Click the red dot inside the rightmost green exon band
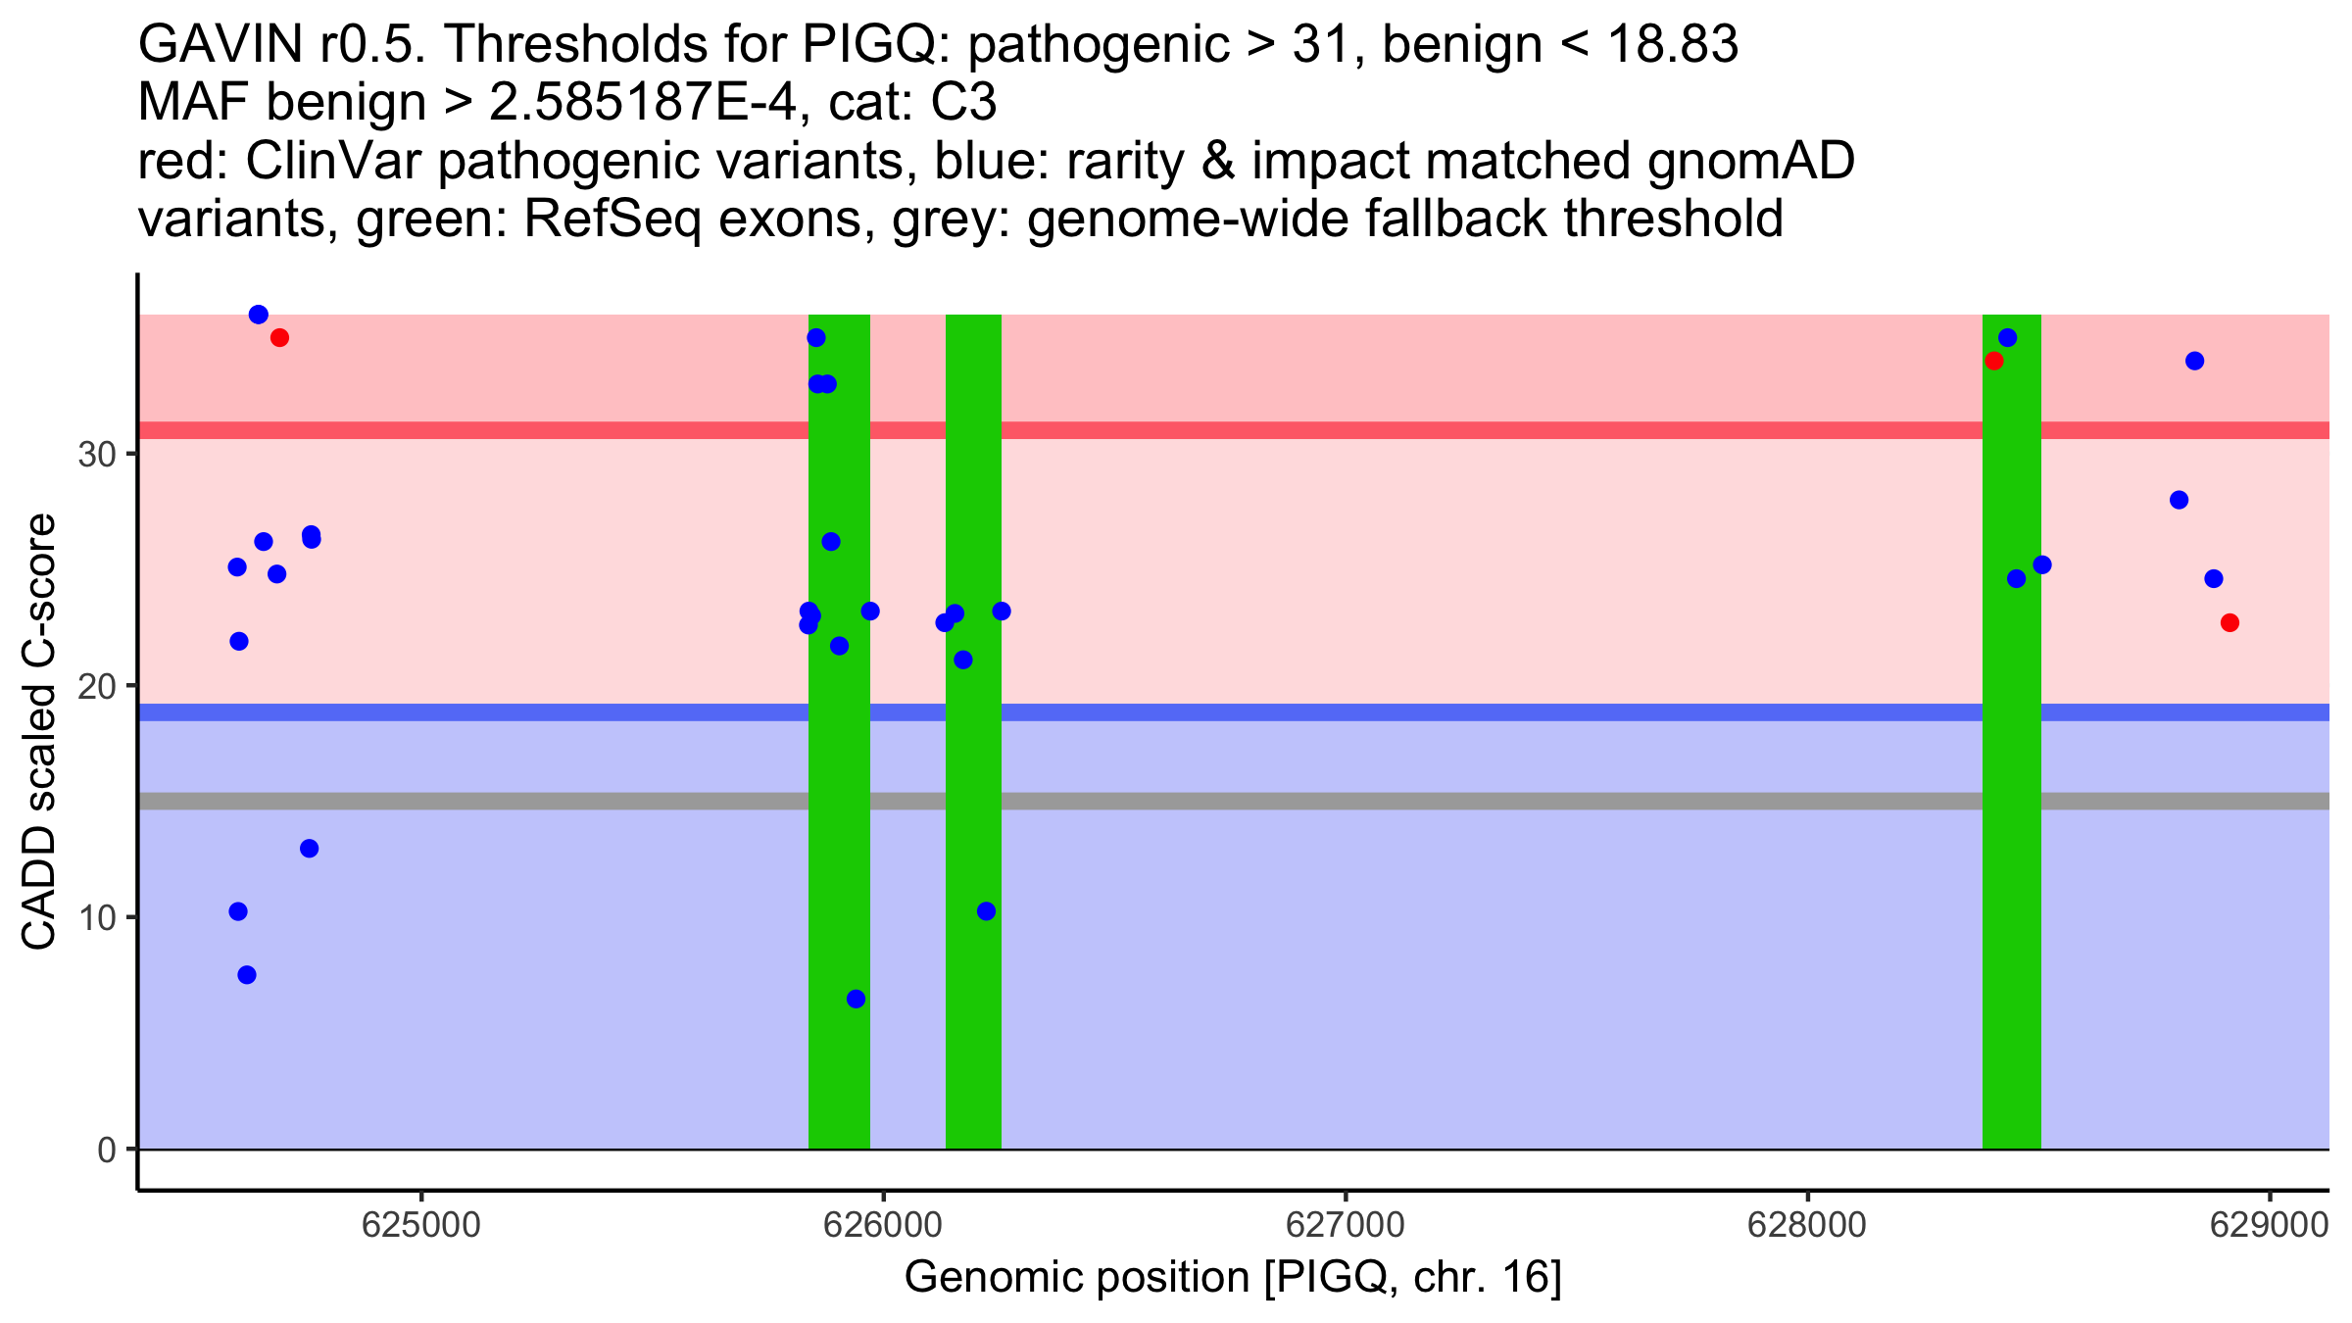(x=1993, y=361)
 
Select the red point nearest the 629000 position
(x=2229, y=622)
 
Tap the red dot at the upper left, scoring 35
(x=279, y=338)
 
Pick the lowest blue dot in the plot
(x=856, y=999)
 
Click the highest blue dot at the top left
(x=259, y=315)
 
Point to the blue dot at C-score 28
(x=2179, y=500)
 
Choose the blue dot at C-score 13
(x=309, y=849)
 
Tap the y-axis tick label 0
(x=106, y=1150)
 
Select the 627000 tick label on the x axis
(x=1344, y=1226)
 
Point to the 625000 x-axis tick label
(x=420, y=1226)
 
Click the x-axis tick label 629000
(x=2268, y=1226)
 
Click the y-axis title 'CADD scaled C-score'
(x=39, y=733)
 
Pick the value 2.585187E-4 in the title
(x=647, y=102)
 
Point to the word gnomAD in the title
(x=1750, y=161)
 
